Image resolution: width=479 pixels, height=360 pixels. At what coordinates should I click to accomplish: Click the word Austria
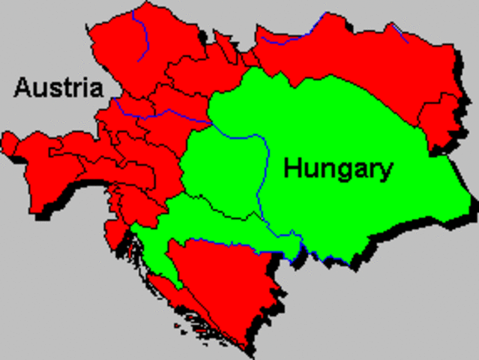tap(58, 88)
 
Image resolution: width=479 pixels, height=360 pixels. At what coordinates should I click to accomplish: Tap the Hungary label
tap(338, 169)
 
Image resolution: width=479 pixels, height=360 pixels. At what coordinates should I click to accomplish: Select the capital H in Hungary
tap(292, 169)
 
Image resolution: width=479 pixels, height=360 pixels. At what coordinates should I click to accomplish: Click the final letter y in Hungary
tap(385, 172)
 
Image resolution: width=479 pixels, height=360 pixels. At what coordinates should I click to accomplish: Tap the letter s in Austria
tap(52, 89)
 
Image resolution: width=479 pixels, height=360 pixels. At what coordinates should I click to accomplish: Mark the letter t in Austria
tap(61, 88)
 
